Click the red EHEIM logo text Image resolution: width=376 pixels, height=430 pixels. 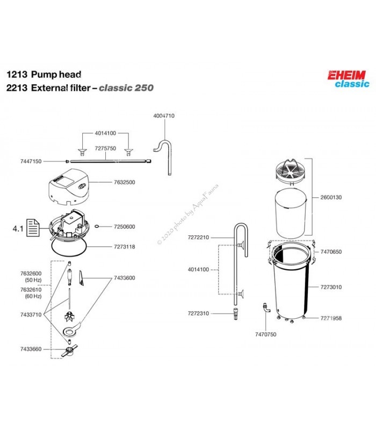click(346, 75)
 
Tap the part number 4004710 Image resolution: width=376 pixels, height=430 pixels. click(164, 116)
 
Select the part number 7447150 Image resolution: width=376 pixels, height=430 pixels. click(31, 161)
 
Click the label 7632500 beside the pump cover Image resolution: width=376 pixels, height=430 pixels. click(125, 182)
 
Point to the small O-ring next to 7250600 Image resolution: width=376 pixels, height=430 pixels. click(97, 226)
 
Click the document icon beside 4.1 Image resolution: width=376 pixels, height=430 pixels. click(33, 227)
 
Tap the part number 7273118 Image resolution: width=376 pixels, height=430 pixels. click(125, 247)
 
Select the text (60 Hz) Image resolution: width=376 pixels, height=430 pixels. click(33, 296)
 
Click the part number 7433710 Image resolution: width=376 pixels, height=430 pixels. click(31, 314)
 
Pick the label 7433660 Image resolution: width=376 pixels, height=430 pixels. click(31, 349)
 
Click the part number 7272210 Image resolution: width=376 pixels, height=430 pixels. click(198, 238)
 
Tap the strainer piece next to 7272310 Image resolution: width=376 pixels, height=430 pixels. click(236, 314)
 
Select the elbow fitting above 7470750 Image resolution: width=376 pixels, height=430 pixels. click(266, 307)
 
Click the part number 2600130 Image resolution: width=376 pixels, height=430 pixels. click(331, 197)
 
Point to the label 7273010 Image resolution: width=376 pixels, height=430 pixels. click(331, 287)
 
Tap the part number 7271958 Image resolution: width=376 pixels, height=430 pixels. click(331, 318)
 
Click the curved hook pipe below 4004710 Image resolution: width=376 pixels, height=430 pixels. click(163, 157)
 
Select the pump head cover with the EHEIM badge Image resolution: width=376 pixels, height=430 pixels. click(69, 187)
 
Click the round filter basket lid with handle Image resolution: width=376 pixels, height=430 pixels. click(291, 170)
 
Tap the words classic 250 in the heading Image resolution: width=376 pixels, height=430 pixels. click(126, 88)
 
